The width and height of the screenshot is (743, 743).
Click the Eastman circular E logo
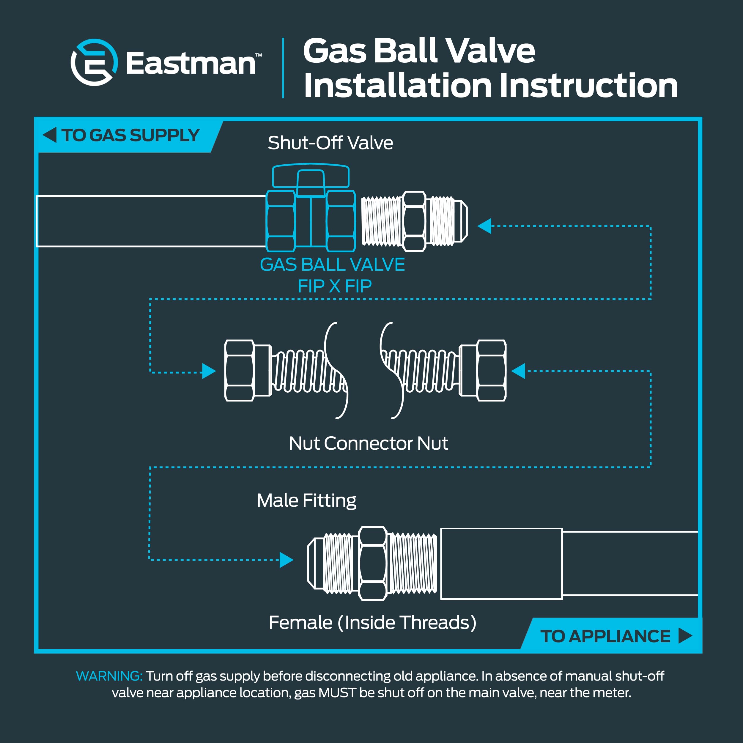pos(94,62)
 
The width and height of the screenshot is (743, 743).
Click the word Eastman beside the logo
pos(191,64)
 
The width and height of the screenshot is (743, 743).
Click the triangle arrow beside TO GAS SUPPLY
pos(50,135)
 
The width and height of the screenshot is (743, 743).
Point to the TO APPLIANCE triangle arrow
pos(685,636)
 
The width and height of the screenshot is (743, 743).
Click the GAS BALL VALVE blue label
pos(332,265)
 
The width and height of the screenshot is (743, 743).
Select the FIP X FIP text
pos(335,287)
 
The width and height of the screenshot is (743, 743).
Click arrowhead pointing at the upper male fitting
pos(485,226)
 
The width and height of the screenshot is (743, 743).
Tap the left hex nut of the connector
pos(239,371)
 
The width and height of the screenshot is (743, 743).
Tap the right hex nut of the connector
pos(491,371)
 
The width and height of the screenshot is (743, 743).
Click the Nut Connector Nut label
pos(368,443)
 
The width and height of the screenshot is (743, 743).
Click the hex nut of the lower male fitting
pos(372,563)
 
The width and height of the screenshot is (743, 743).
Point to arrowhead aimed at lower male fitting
pos(286,560)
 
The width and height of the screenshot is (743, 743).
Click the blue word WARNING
pos(109,676)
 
